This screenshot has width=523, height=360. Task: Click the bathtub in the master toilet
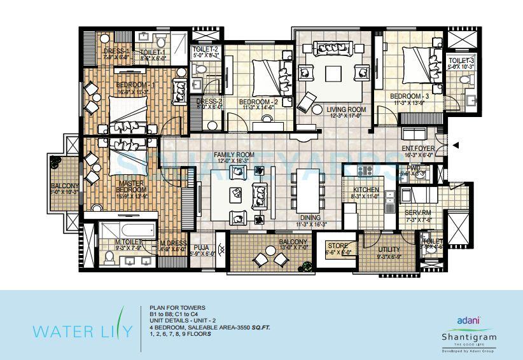pyautogui.click(x=128, y=229)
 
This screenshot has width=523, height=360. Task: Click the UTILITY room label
pyautogui.click(x=389, y=251)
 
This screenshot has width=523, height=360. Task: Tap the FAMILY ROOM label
pyautogui.click(x=234, y=155)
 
